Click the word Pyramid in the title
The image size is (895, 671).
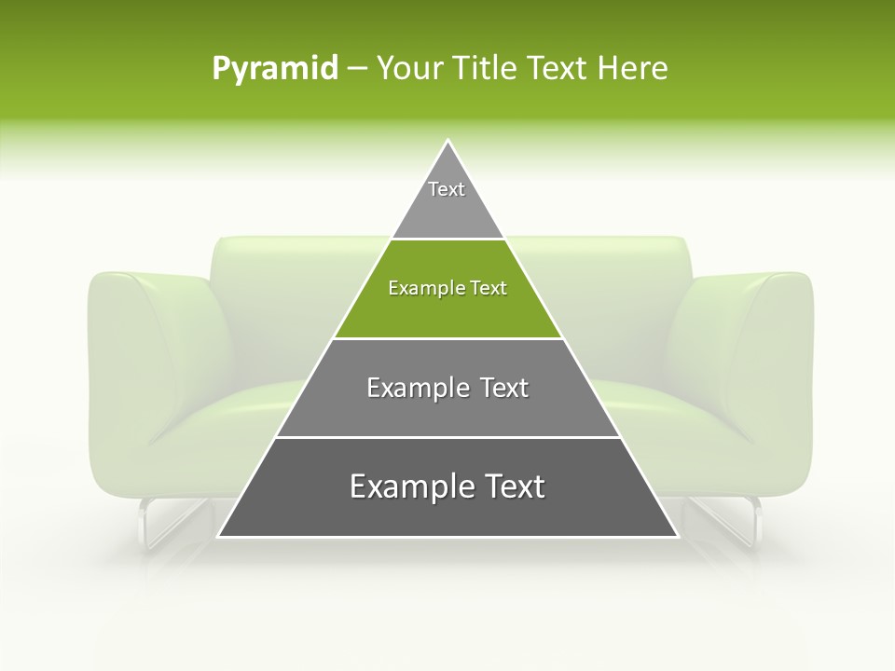point(274,69)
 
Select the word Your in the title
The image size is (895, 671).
point(407,69)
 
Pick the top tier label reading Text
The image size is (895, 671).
point(447,189)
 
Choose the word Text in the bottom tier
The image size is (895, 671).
point(510,486)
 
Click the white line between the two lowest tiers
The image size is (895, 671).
point(447,437)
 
